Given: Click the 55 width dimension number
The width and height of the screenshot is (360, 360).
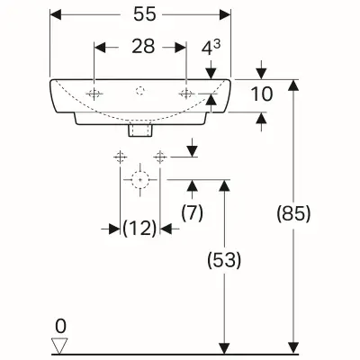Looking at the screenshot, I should pyautogui.click(x=139, y=16).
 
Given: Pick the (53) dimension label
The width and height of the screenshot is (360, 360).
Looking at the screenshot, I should pyautogui.click(x=224, y=261).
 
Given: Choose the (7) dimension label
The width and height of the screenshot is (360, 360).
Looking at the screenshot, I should pyautogui.click(x=191, y=214).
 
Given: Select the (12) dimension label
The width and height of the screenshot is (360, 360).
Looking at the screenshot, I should pyautogui.click(x=139, y=229).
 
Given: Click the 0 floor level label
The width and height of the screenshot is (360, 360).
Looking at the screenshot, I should pyautogui.click(x=60, y=326).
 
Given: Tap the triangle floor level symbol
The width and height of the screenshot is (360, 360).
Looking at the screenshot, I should pyautogui.click(x=60, y=343).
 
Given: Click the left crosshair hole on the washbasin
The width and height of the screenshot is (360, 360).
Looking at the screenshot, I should pyautogui.click(x=95, y=93).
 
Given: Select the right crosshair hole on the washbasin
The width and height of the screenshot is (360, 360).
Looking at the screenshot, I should pyautogui.click(x=186, y=93).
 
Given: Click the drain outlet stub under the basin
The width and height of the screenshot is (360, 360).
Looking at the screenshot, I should pyautogui.click(x=139, y=130).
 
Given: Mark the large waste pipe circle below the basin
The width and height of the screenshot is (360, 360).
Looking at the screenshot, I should pyautogui.click(x=139, y=179).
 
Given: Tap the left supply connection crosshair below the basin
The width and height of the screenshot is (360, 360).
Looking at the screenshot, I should pyautogui.click(x=119, y=157).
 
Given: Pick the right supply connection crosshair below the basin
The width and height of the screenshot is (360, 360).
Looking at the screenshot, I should pyautogui.click(x=161, y=157).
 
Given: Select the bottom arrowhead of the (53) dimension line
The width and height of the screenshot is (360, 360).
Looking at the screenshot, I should pyautogui.click(x=224, y=347).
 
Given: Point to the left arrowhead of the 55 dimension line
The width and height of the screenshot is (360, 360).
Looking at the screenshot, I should pyautogui.click(x=54, y=16).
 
